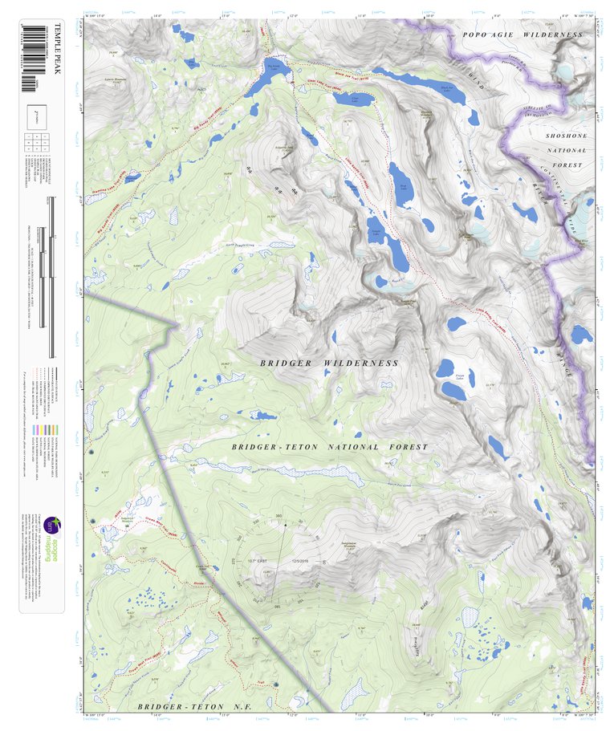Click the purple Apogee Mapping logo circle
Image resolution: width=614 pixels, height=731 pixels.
pyautogui.click(x=50, y=526)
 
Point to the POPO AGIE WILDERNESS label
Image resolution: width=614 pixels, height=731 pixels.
pyautogui.click(x=522, y=35)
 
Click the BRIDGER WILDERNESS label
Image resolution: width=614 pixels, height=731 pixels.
pyautogui.click(x=328, y=363)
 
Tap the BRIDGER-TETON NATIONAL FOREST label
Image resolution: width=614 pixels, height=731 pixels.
pyautogui.click(x=330, y=447)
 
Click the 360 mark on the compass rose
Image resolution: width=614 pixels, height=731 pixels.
pyautogui.click(x=279, y=516)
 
